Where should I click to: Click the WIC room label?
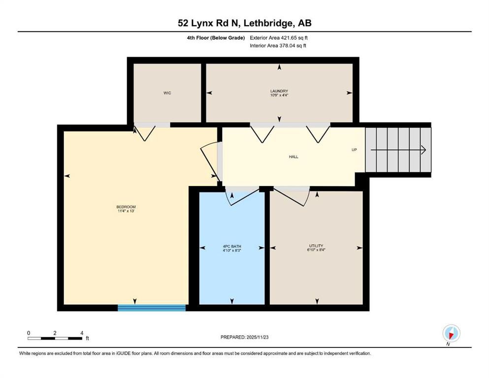pos(167,93)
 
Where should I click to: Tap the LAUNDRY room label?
pos(279,91)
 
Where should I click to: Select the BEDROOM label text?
pos(126,207)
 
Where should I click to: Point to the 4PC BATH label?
pos(231,246)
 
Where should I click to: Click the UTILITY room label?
pos(316,246)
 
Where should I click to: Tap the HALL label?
pos(293,157)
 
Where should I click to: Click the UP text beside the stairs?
pos(354,150)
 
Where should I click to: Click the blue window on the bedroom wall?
pos(151,308)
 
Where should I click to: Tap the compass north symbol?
pos(451,334)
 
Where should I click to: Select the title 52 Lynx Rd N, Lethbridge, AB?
pos(244,23)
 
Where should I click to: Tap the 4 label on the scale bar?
pos(81,333)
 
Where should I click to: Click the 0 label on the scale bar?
pos(29,333)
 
